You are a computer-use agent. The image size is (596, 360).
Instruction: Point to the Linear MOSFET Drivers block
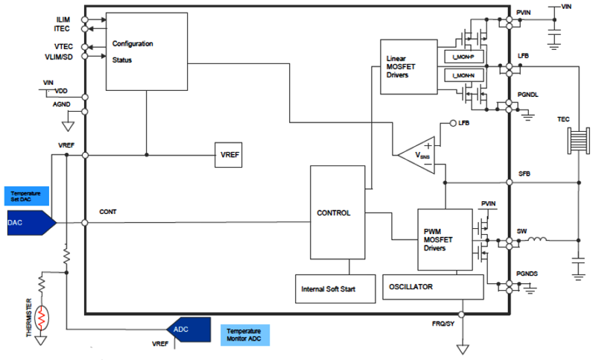point(408,67)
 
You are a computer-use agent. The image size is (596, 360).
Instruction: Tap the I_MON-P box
point(463,57)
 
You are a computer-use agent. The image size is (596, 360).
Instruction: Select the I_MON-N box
point(463,77)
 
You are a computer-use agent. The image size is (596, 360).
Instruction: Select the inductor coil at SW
point(537,240)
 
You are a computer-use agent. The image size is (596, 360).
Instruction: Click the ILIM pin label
point(63,19)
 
